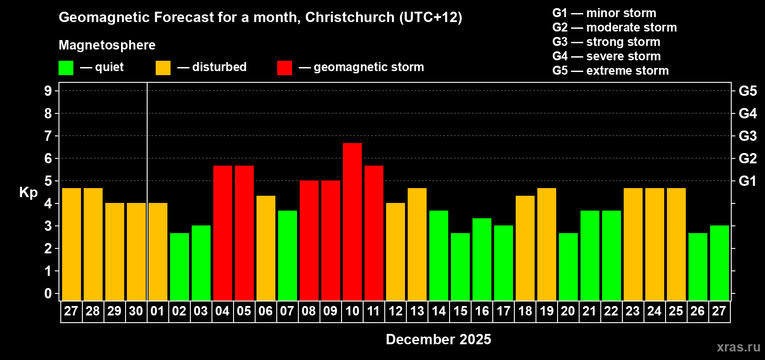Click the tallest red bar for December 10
click(x=352, y=221)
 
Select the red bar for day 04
click(x=223, y=233)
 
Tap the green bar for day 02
click(x=180, y=266)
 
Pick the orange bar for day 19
click(x=547, y=244)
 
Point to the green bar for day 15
click(x=460, y=266)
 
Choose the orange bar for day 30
click(x=136, y=252)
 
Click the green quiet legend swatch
click(x=66, y=68)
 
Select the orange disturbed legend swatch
click(x=163, y=68)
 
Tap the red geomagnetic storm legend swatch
click(x=285, y=68)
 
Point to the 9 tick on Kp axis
click(x=48, y=91)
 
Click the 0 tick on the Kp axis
click(x=48, y=293)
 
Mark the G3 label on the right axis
click(x=747, y=136)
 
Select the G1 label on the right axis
click(x=747, y=181)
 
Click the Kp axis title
click(x=28, y=193)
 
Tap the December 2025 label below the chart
click(x=438, y=339)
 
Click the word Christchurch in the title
click(x=350, y=17)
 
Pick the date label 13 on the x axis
click(x=417, y=311)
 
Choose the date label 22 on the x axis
click(x=611, y=311)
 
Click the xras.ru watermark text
click(x=738, y=347)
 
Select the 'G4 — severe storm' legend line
click(x=607, y=56)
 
